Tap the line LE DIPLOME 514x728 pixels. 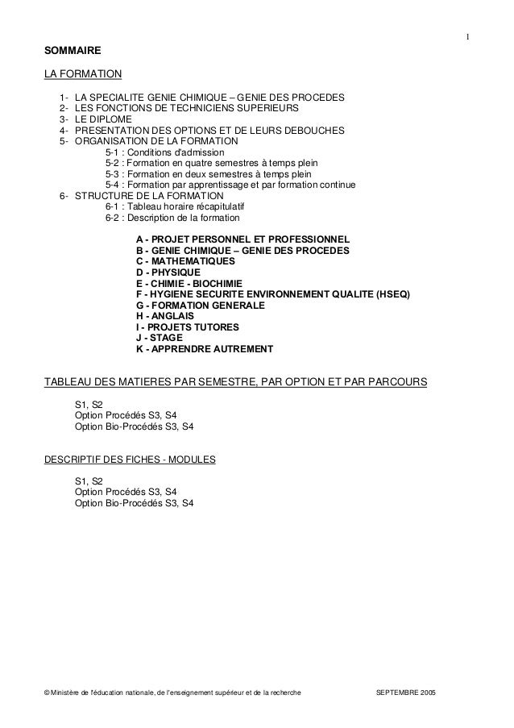(x=102, y=119)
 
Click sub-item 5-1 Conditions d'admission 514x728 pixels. (x=165, y=152)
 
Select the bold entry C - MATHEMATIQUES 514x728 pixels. (x=186, y=262)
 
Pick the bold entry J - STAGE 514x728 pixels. (x=162, y=339)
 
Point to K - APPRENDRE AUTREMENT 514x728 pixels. (x=205, y=350)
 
